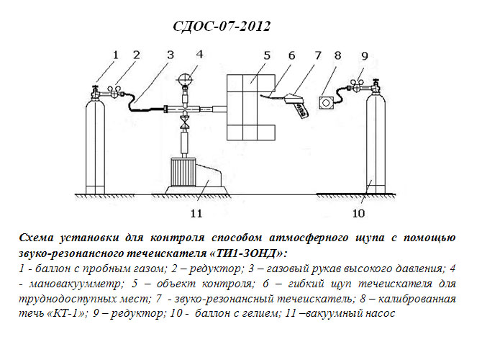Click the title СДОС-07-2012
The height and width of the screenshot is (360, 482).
coord(222,27)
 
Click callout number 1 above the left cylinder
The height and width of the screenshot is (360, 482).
coord(115,55)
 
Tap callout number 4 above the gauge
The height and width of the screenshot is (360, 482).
coord(199,54)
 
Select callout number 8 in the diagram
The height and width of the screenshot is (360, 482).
coord(337,55)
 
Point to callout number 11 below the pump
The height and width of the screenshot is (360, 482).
coord(196,213)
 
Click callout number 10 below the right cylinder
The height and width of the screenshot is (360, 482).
coord(358,213)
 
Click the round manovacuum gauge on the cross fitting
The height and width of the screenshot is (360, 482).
coord(185,79)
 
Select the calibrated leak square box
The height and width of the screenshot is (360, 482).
coord(326,102)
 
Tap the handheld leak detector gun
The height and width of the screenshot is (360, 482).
coord(296,104)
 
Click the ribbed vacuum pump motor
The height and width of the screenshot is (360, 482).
coord(183,171)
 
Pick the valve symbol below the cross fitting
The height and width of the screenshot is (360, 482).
coord(185,123)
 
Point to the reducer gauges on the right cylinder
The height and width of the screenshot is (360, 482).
coord(357,85)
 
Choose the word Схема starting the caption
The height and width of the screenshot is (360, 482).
coord(36,238)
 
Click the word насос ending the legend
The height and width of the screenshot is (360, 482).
coord(380,313)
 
